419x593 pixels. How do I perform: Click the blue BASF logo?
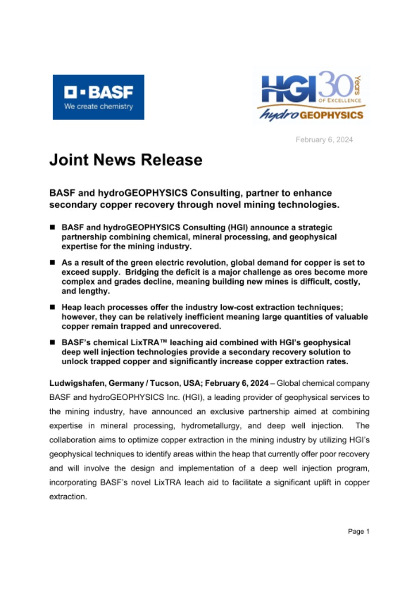pos(98,97)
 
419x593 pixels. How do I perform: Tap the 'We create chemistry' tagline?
pos(98,107)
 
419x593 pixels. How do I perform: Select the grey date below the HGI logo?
pos(324,139)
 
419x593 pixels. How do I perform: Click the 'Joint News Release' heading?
pos(126,160)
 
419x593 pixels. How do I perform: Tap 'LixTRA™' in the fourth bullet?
pos(146,342)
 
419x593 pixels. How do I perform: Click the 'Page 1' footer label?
pos(358,532)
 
